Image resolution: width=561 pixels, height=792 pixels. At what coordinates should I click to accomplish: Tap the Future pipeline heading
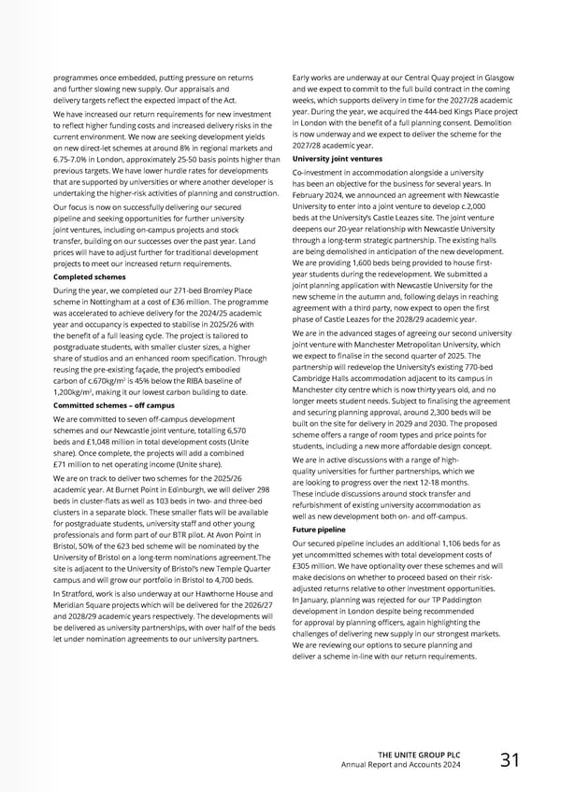point(319,530)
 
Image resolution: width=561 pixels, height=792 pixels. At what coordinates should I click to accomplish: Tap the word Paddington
point(482,601)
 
